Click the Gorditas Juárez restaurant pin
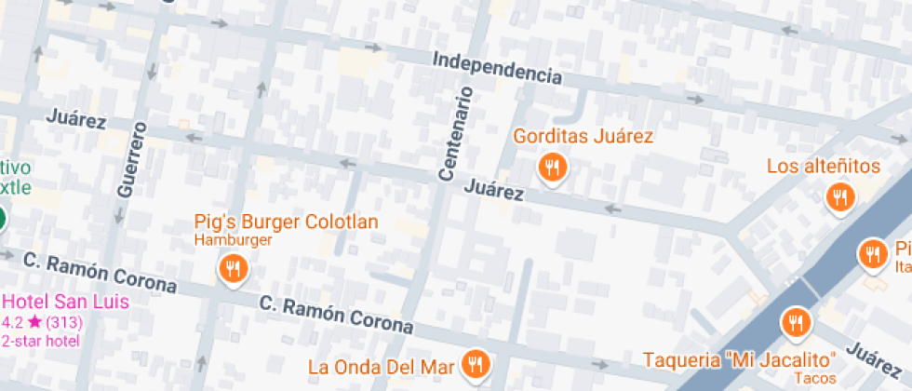pyautogui.click(x=553, y=167)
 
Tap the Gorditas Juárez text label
pyautogui.click(x=583, y=136)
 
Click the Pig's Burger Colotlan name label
pyautogui.click(x=286, y=222)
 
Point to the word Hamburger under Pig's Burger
pyautogui.click(x=233, y=240)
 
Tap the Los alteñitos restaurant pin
pyautogui.click(x=840, y=196)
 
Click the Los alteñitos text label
pyautogui.click(x=824, y=167)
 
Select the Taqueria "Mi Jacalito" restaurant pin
pyautogui.click(x=796, y=322)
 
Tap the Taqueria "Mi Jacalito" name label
pyautogui.click(x=740, y=358)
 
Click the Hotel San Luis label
pyautogui.click(x=65, y=303)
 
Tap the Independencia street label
pyautogui.click(x=498, y=68)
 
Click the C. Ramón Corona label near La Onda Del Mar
pyautogui.click(x=336, y=315)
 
